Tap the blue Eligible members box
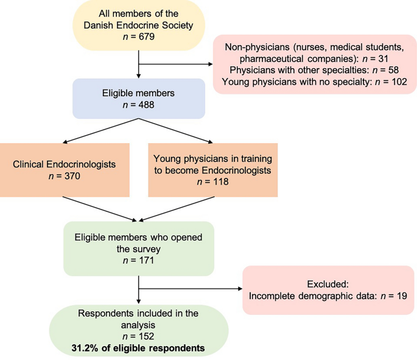[139, 100]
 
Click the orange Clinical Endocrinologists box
[65, 170]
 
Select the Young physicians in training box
[212, 170]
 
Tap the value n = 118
[212, 182]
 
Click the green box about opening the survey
[139, 248]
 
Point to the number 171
[148, 261]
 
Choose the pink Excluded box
[328, 290]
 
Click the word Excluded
[328, 284]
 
